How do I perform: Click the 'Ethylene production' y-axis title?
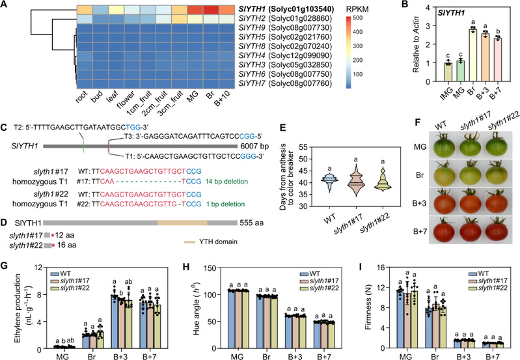(9, 302)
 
